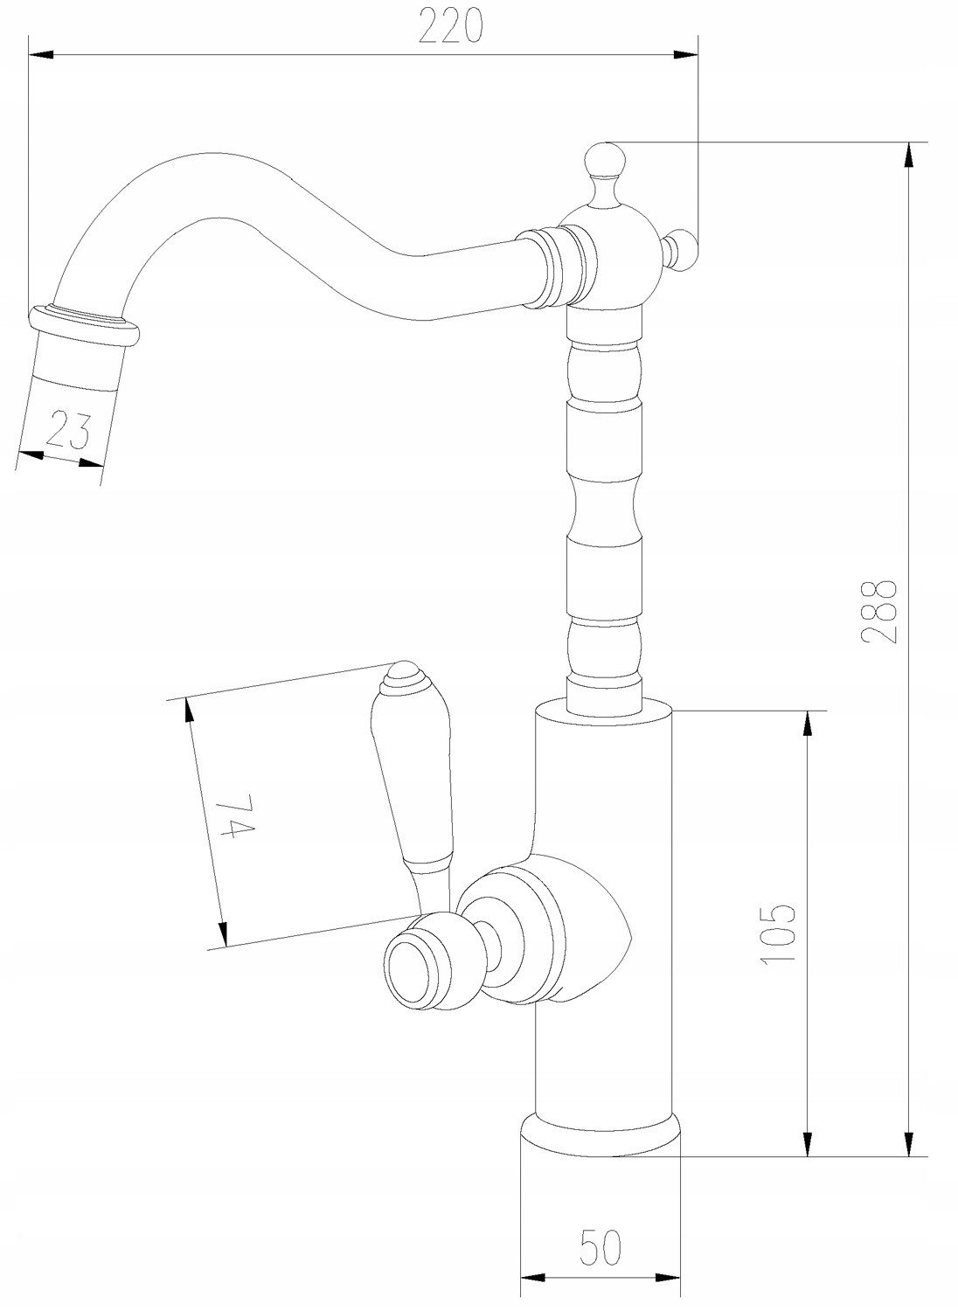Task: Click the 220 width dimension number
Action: [451, 26]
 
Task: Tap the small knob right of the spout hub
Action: [682, 252]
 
